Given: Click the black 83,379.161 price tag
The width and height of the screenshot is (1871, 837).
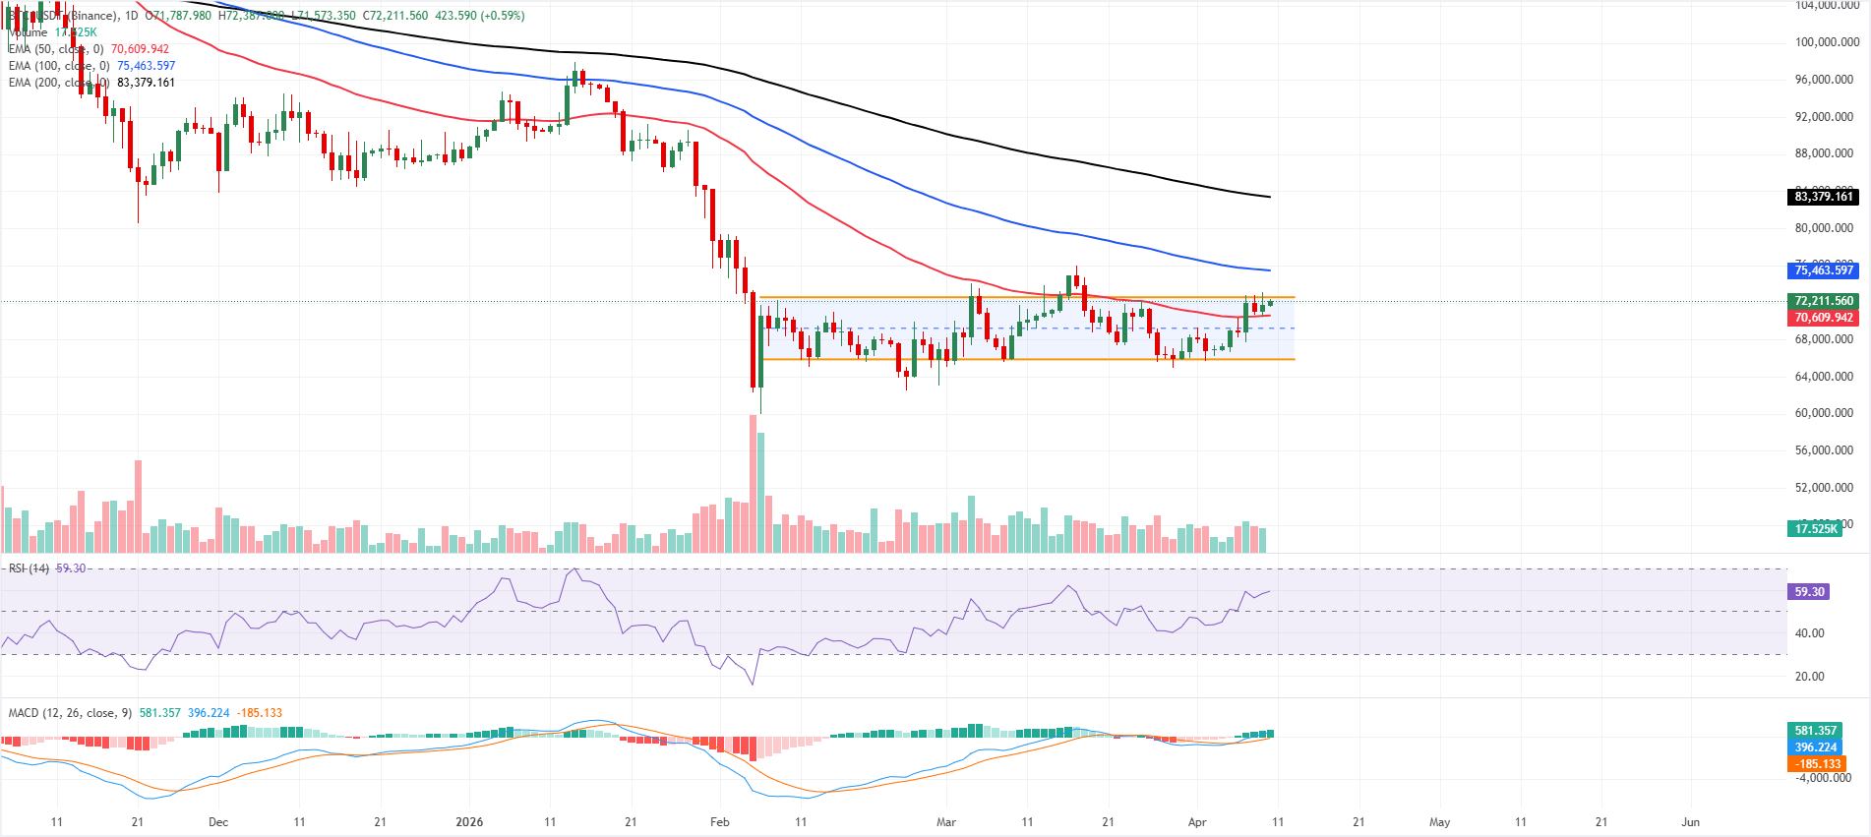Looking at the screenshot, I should click(1823, 197).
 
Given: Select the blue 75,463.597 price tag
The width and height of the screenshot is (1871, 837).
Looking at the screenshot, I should click(1823, 270).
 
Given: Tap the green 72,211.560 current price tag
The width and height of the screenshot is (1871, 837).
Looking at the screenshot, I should click(1823, 301).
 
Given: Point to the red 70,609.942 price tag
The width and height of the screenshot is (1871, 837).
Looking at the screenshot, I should click(1823, 318).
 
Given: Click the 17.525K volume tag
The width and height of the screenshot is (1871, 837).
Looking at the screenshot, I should click(1815, 529).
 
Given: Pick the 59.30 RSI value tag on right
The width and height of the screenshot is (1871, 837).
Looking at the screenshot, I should click(1809, 592).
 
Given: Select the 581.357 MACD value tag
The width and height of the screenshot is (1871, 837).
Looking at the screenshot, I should click(1815, 731).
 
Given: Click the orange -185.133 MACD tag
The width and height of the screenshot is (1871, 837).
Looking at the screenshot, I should click(1818, 764).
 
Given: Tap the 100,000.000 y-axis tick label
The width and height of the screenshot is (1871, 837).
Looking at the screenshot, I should click(1827, 42).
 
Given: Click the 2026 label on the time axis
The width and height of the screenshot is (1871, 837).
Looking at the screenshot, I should click(469, 822).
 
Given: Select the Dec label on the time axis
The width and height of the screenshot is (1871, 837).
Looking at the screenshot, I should click(218, 822).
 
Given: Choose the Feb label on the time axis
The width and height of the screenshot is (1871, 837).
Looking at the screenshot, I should click(720, 822).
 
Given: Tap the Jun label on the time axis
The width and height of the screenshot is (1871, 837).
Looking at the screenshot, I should click(1690, 822).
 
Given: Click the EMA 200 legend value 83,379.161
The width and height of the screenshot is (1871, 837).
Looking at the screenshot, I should click(146, 83).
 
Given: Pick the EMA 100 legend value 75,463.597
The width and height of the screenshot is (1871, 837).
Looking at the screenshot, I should click(146, 66).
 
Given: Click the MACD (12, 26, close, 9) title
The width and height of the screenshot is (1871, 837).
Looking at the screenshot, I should click(70, 713).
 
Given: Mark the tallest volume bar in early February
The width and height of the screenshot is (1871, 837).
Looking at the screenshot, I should click(754, 482).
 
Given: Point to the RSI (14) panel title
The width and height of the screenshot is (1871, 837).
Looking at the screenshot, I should click(29, 568).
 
